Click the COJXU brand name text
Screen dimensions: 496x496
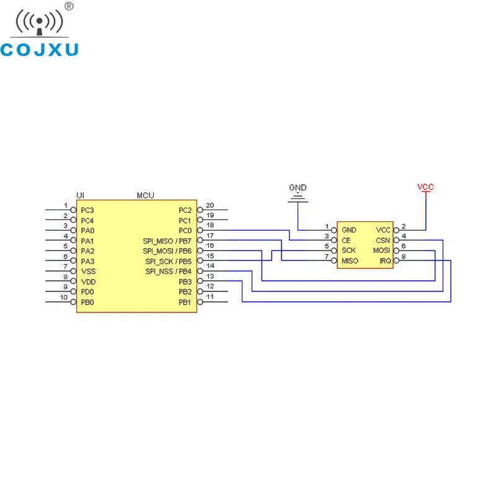click(40, 50)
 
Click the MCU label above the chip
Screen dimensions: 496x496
click(145, 195)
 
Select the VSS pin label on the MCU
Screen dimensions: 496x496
click(87, 271)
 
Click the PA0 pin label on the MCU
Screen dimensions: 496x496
click(87, 231)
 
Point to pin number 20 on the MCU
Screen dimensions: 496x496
click(210, 205)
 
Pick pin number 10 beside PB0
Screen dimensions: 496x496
click(64, 297)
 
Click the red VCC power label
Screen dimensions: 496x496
click(425, 187)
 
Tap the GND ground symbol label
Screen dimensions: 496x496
click(298, 188)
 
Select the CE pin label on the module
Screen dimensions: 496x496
click(346, 241)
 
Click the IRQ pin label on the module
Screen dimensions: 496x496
click(385, 261)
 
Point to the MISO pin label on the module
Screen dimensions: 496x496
click(350, 261)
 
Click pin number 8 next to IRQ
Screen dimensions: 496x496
click(404, 256)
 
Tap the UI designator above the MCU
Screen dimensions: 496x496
click(80, 195)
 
